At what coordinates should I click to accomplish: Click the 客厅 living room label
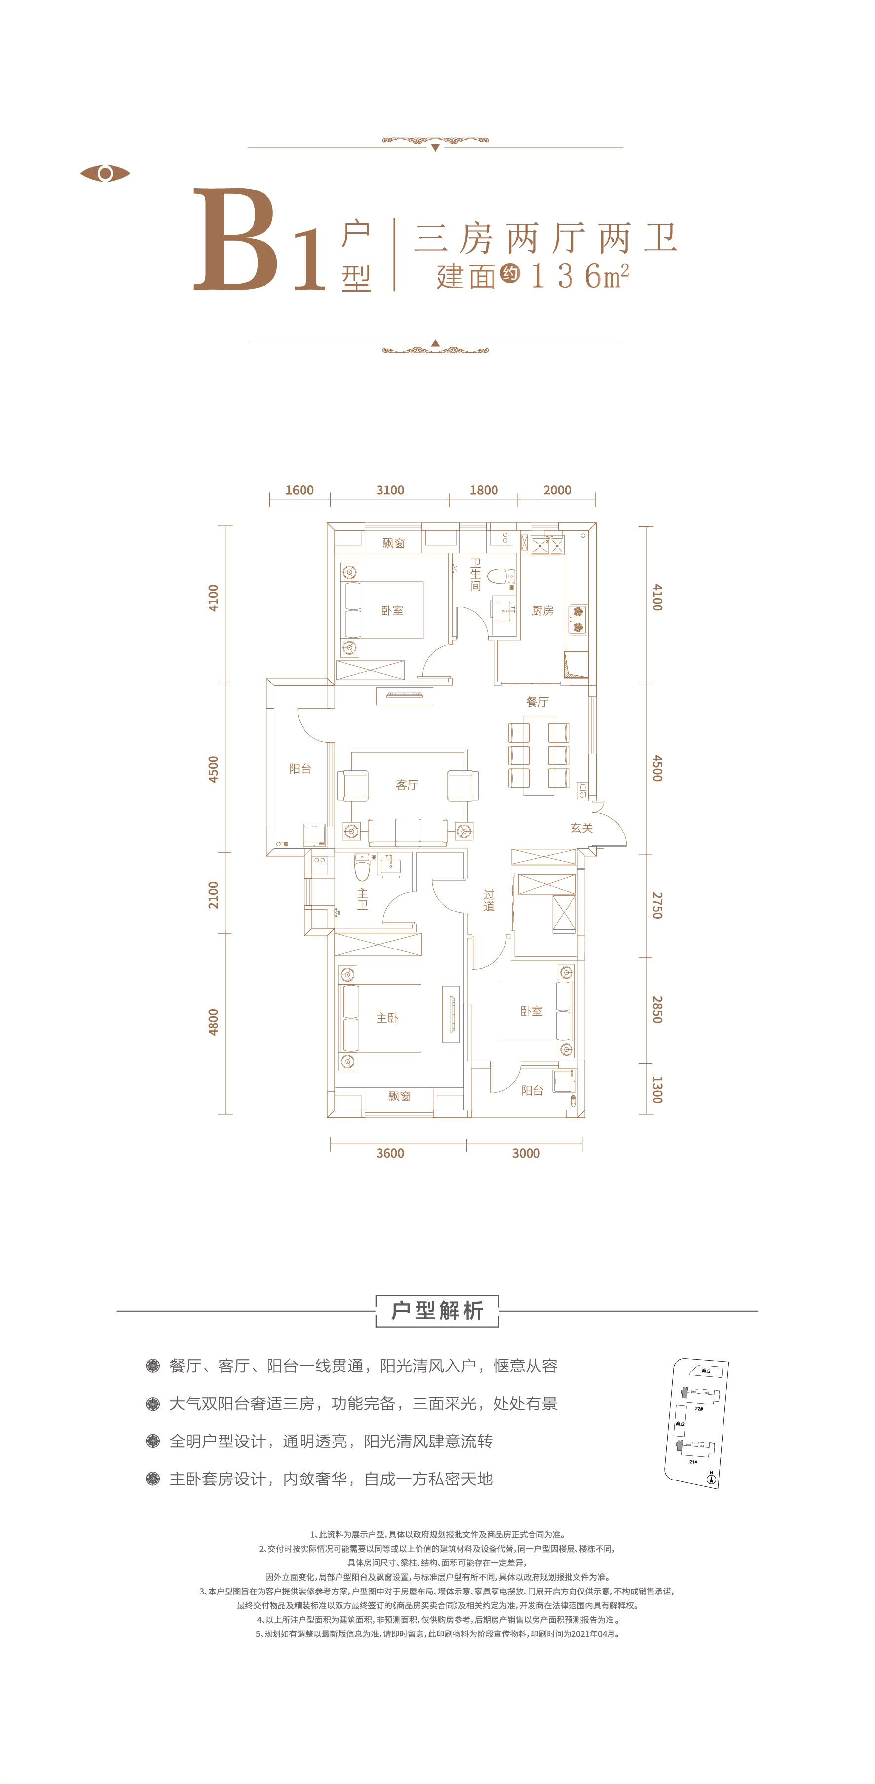pyautogui.click(x=407, y=785)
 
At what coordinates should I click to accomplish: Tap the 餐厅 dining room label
pyautogui.click(x=537, y=702)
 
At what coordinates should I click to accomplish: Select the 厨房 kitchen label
pyautogui.click(x=542, y=610)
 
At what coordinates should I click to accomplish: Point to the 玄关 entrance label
pyautogui.click(x=582, y=828)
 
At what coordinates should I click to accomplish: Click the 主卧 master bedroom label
pyautogui.click(x=387, y=1018)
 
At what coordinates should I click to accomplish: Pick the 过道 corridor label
pyautogui.click(x=489, y=900)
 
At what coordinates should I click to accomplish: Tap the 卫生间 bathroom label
pyautogui.click(x=475, y=575)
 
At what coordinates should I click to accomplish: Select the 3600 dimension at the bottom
pyautogui.click(x=390, y=1153)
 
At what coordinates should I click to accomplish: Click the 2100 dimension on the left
pyautogui.click(x=213, y=895)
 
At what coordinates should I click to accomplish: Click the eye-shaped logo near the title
pyautogui.click(x=105, y=173)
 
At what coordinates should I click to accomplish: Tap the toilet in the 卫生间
pyautogui.click(x=500, y=576)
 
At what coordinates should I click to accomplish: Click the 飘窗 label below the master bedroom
pyautogui.click(x=400, y=1096)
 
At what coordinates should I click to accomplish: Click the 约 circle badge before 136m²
pyautogui.click(x=510, y=273)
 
